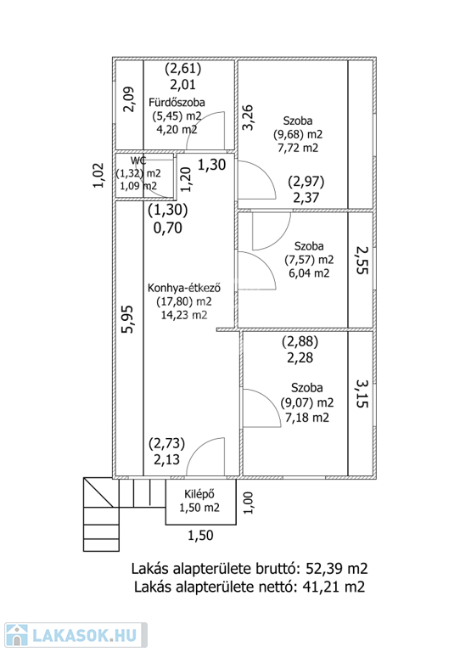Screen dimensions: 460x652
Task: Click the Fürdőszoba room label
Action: coord(177,102)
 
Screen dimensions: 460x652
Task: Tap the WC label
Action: coord(138,161)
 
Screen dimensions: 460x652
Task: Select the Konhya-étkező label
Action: coord(184,288)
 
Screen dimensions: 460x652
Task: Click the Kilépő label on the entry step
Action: coord(199,494)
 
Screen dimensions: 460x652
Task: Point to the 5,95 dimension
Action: coord(127,319)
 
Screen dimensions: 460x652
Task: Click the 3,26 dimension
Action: coord(248,117)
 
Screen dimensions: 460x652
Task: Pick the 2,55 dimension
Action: coord(362,260)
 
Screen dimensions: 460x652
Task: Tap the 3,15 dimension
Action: coord(362,393)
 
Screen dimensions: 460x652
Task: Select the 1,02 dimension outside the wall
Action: coord(98,175)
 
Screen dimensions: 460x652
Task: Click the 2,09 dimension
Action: coord(129,99)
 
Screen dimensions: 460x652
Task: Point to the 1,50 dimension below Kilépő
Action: coord(200,535)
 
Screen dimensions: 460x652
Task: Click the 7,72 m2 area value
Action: coord(298,148)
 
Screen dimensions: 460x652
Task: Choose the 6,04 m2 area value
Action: coord(309,273)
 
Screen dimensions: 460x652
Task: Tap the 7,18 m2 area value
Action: coord(307,417)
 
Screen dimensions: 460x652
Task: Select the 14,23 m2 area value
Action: coord(184,315)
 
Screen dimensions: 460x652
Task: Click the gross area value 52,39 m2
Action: coord(337,568)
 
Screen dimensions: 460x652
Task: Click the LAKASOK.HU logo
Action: coord(76,635)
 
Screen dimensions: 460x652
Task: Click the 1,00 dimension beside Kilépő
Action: coord(248,503)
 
